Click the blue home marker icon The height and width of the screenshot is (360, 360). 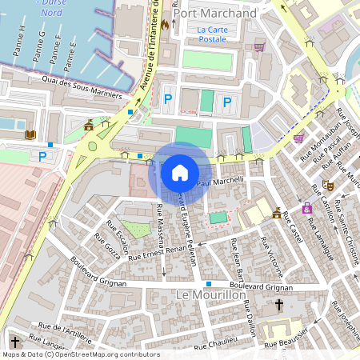click(x=179, y=172)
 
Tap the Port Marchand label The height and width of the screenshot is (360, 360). click(x=214, y=14)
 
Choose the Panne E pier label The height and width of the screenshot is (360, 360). click(x=72, y=54)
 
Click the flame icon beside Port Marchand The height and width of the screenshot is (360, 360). click(x=165, y=25)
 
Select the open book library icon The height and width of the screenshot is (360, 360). click(x=30, y=135)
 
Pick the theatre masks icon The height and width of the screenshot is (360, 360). click(x=327, y=185)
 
